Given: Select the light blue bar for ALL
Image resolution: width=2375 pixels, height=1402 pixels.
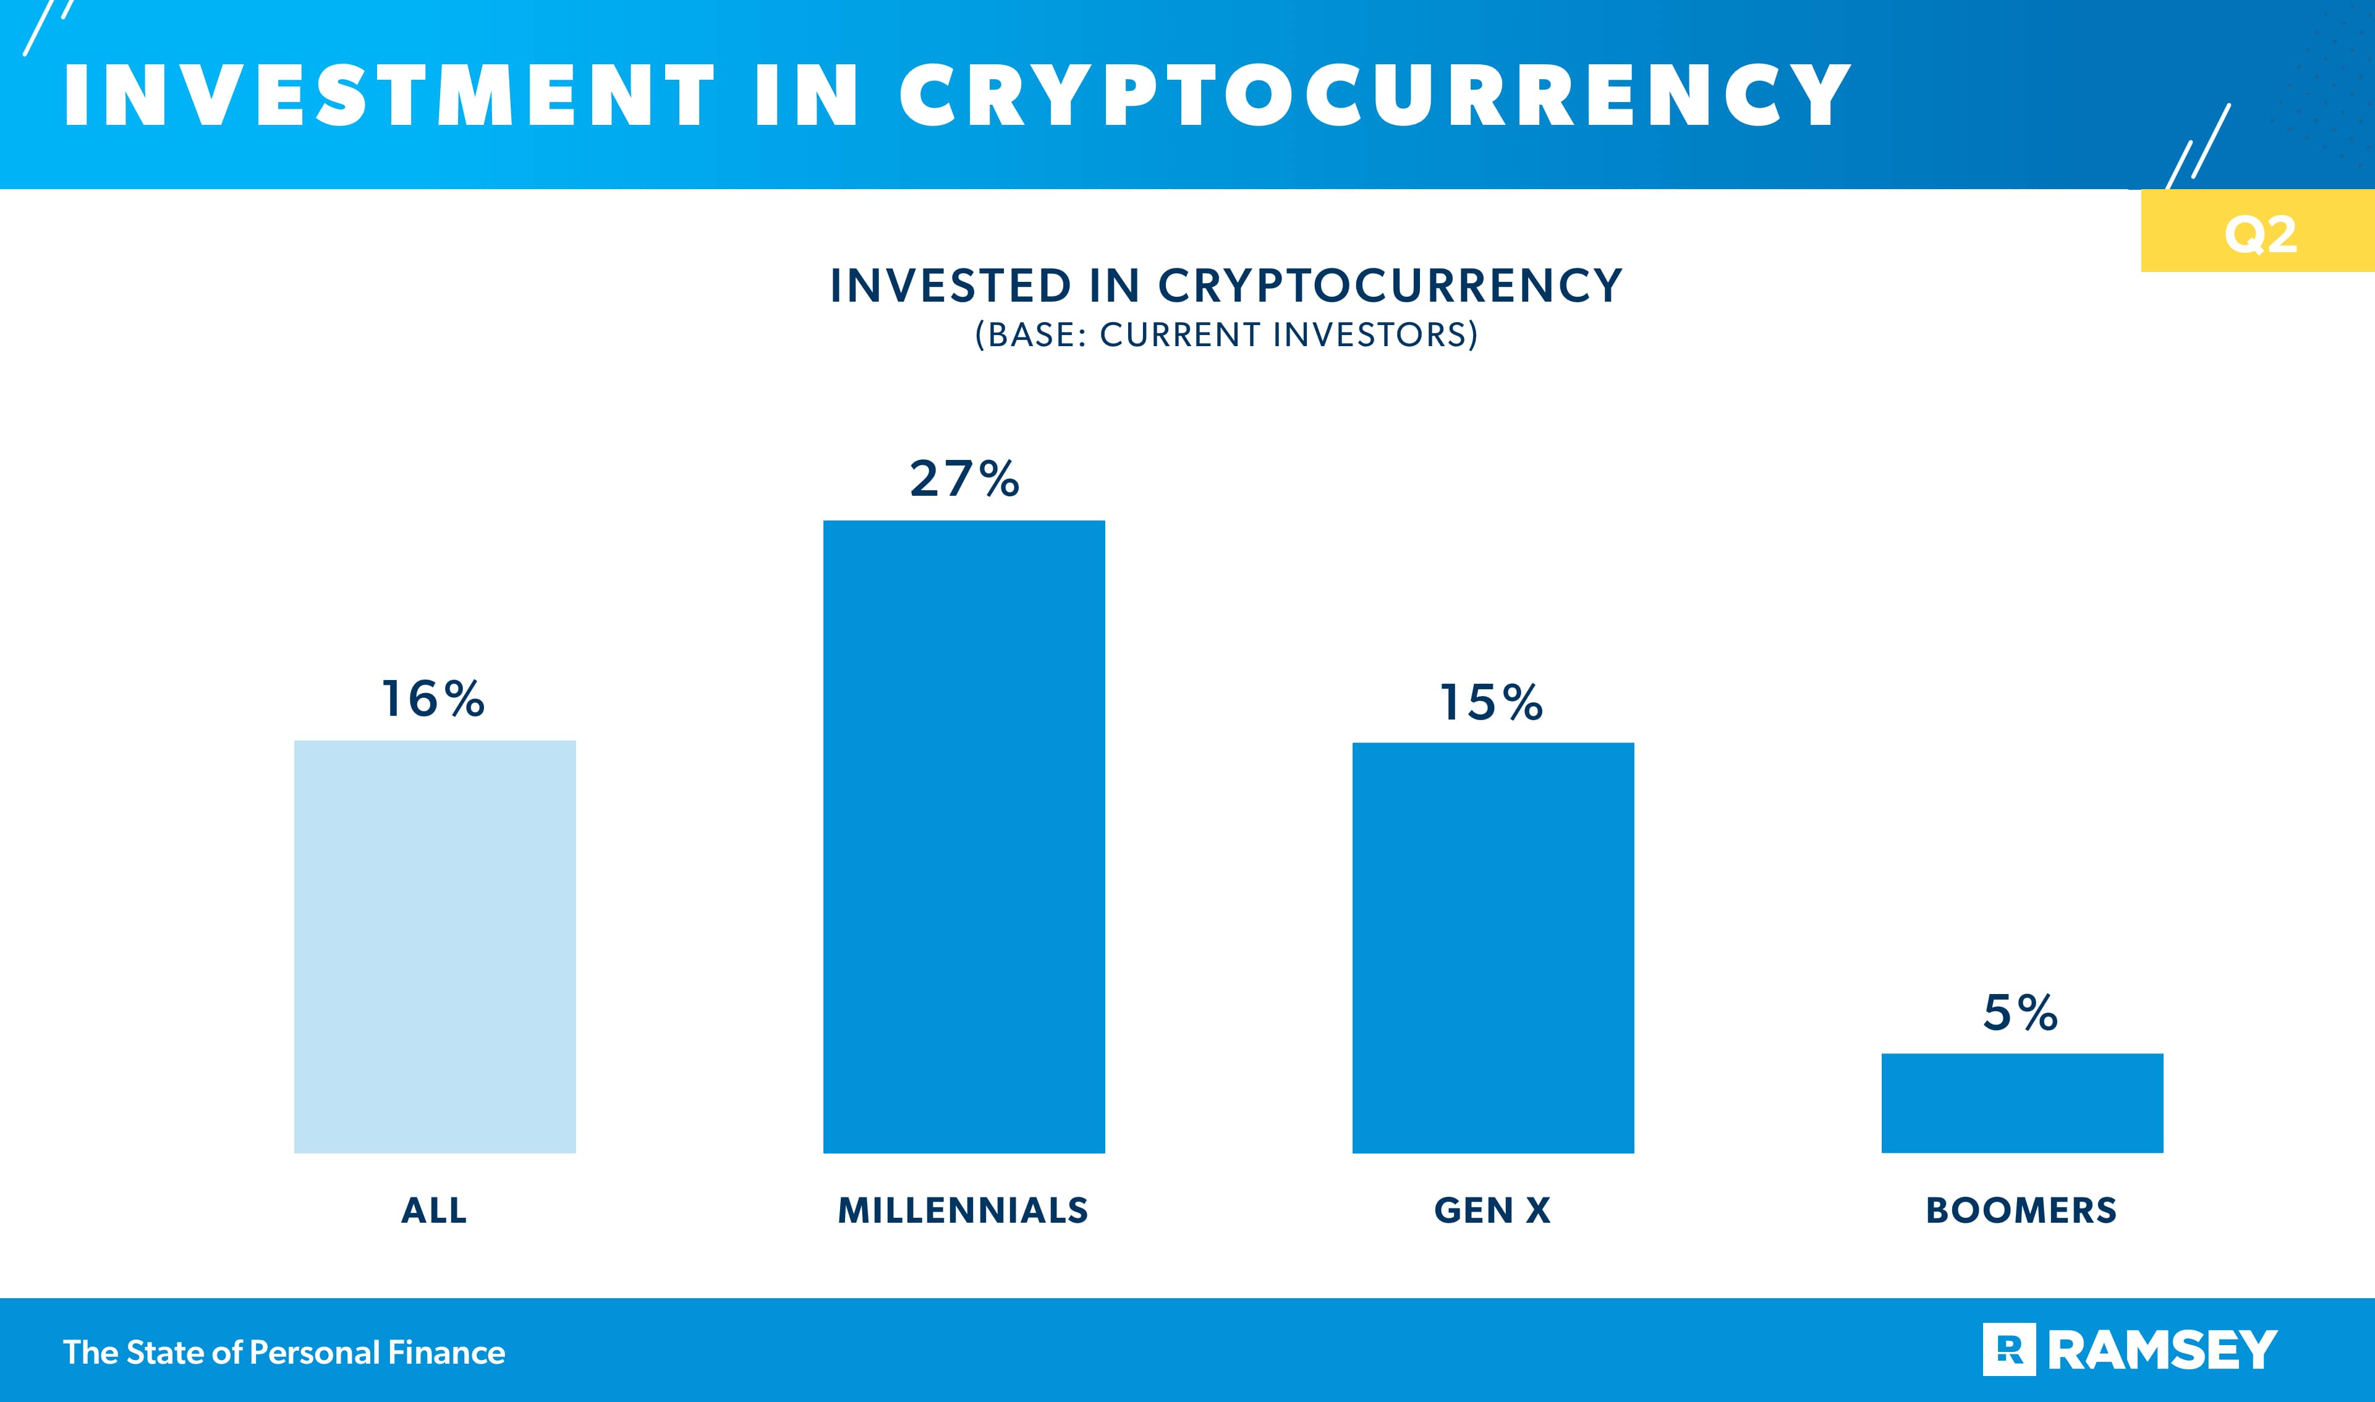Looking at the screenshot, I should pos(435,946).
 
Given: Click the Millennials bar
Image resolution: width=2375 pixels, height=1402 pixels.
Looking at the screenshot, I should pos(964,836).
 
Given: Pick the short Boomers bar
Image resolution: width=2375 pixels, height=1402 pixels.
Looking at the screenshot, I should pos(2021,1103).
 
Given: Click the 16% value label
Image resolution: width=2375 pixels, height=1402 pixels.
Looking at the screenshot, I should pos(433,699).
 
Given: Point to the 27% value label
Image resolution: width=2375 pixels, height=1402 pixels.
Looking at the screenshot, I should pos(964,479).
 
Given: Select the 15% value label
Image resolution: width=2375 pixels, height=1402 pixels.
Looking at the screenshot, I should pos(1492,703).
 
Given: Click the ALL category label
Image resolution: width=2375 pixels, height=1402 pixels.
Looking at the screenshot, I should pos(433,1210).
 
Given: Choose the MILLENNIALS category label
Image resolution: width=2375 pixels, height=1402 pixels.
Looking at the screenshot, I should pos(962,1210).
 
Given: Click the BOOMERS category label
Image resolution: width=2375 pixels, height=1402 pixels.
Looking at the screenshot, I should pos(2021,1210).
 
